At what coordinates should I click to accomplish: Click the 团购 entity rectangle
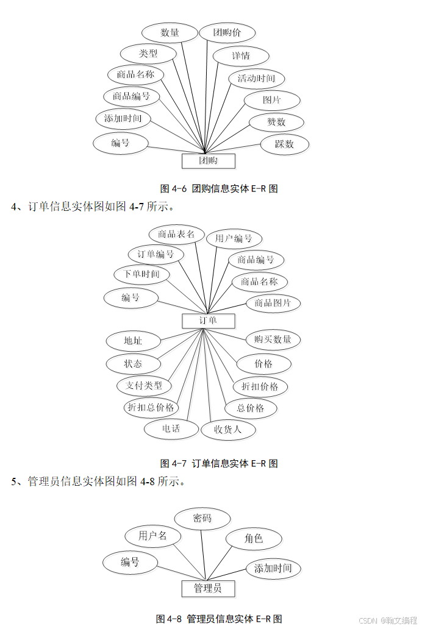[x=209, y=161]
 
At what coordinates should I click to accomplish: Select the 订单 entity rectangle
[x=208, y=321]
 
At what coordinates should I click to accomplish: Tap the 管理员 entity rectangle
[x=208, y=588]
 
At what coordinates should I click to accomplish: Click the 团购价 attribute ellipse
[x=227, y=33]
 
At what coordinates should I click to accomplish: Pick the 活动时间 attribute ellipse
[x=256, y=79]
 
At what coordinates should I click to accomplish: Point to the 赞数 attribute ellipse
[x=276, y=122]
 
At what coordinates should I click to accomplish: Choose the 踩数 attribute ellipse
[x=284, y=144]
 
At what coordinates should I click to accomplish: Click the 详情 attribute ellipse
[x=241, y=56]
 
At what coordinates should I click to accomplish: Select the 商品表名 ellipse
[x=176, y=234]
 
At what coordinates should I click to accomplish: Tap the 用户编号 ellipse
[x=234, y=238]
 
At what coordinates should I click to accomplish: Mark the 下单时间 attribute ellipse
[x=141, y=274]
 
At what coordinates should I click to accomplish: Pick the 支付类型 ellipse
[x=145, y=385]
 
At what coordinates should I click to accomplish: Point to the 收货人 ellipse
[x=228, y=429]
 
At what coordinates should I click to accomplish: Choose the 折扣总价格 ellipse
[x=151, y=407]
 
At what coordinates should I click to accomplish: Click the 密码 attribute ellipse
[x=202, y=519]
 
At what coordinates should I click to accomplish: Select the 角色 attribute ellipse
[x=254, y=539]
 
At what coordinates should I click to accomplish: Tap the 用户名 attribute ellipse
[x=153, y=536]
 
